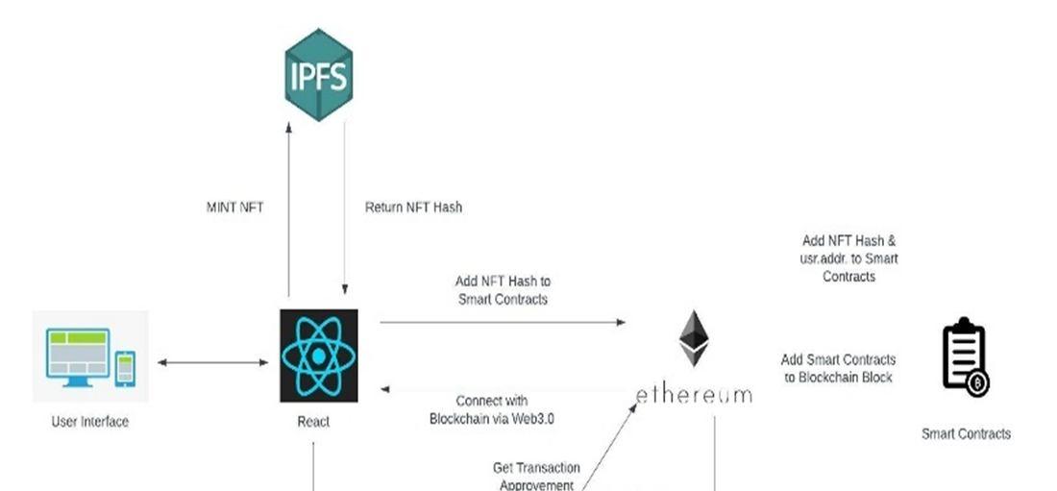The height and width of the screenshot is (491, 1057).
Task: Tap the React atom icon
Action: click(319, 356)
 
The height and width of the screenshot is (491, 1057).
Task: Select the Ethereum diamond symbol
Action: click(693, 339)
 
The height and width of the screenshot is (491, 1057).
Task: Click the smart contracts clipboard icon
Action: click(964, 357)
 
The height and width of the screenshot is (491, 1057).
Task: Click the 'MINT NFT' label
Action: click(234, 207)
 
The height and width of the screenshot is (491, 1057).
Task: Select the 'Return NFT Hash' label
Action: click(413, 207)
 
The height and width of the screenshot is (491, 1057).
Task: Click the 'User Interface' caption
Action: click(89, 422)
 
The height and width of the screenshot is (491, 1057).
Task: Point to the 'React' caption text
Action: click(313, 422)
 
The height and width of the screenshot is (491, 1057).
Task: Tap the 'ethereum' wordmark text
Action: click(693, 393)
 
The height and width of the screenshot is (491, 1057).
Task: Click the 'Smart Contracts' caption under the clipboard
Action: click(966, 434)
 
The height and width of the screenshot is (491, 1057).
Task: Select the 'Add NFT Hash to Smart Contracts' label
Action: click(503, 290)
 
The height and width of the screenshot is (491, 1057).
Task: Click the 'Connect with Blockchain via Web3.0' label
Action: click(491, 409)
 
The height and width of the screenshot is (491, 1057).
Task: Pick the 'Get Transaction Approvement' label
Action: click(535, 477)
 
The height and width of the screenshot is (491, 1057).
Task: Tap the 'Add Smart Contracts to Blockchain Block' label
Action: click(838, 368)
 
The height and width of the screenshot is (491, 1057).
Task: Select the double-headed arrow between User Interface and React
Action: click(212, 362)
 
